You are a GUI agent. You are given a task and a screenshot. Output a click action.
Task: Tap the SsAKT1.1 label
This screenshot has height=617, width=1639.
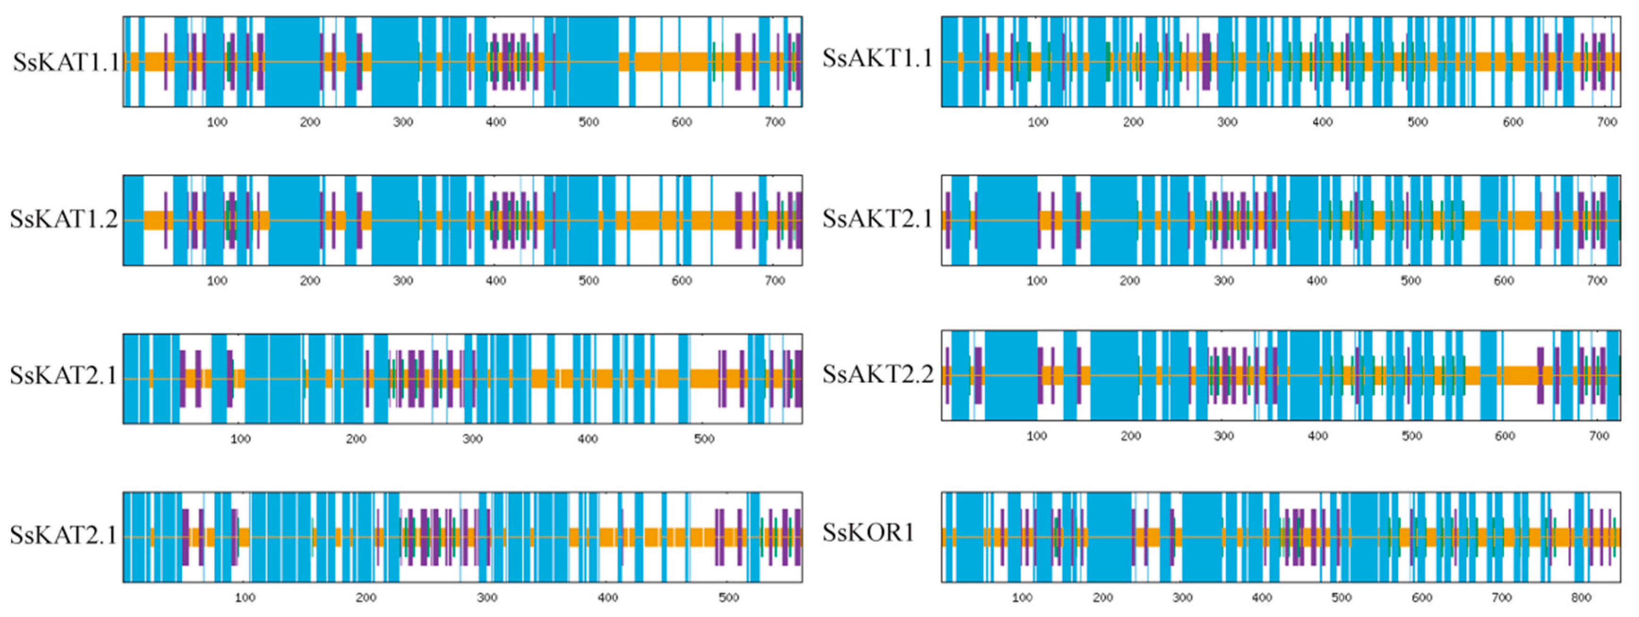(x=878, y=58)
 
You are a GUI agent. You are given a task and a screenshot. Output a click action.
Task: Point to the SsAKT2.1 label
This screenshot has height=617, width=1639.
(x=878, y=219)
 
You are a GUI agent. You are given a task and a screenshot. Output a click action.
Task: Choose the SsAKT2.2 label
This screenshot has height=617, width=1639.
(x=878, y=374)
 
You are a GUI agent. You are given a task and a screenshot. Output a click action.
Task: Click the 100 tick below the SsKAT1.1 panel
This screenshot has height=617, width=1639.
(x=217, y=122)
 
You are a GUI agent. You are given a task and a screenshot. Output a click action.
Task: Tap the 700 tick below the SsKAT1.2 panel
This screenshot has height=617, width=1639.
(x=774, y=281)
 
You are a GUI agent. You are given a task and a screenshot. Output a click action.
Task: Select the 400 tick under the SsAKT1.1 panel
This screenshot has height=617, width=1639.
(x=1322, y=122)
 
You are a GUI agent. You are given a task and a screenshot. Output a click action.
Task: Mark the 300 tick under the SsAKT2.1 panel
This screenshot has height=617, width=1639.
(x=1223, y=281)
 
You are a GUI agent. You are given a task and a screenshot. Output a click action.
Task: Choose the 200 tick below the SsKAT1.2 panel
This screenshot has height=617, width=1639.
(x=310, y=281)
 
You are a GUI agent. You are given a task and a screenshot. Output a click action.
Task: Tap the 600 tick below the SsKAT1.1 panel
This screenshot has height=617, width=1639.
(x=682, y=122)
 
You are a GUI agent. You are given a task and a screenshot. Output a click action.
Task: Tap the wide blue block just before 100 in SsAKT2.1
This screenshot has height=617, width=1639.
(x=1007, y=220)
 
